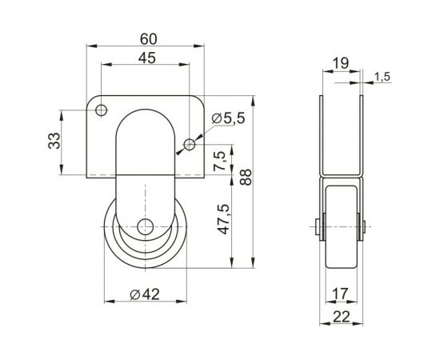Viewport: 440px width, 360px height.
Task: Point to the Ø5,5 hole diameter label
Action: pos(229,118)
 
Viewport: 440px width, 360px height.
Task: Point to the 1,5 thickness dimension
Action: pos(382,76)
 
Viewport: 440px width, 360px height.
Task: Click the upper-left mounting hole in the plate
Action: pos(101,110)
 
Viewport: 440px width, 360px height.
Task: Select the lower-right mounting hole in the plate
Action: pos(189,144)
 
